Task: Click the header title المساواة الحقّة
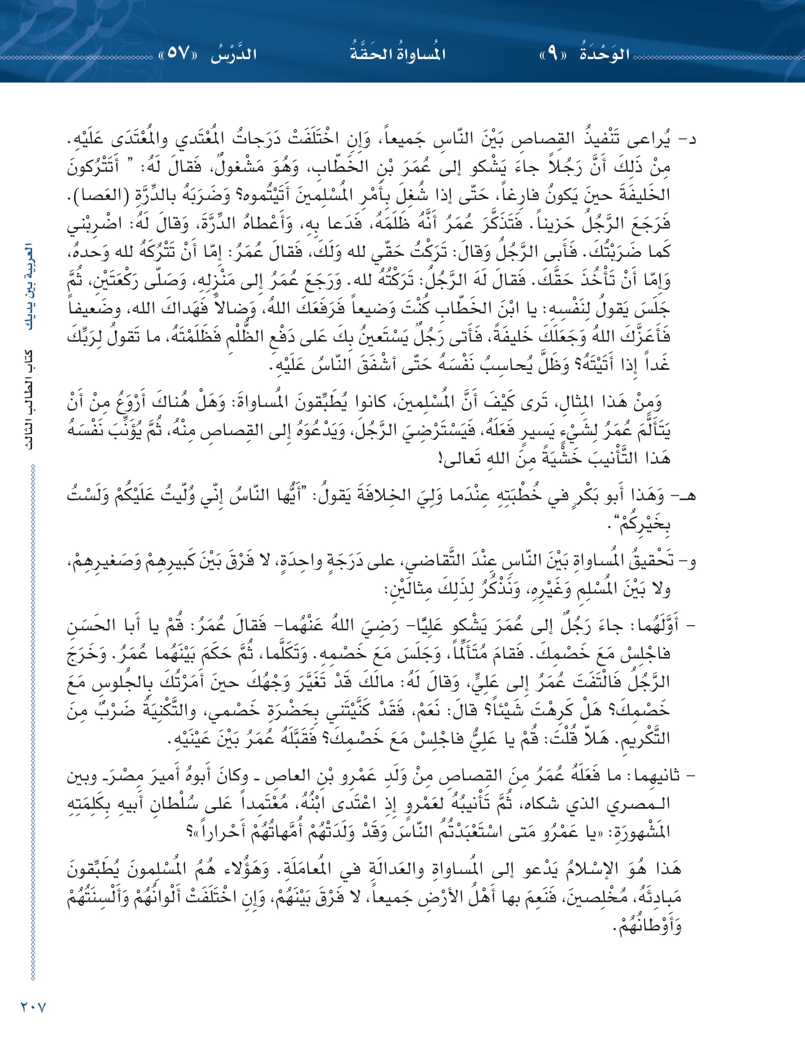[397, 53]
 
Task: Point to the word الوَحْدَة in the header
[605, 53]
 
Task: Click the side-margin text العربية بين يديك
[29, 287]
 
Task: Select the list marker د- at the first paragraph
[689, 139]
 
